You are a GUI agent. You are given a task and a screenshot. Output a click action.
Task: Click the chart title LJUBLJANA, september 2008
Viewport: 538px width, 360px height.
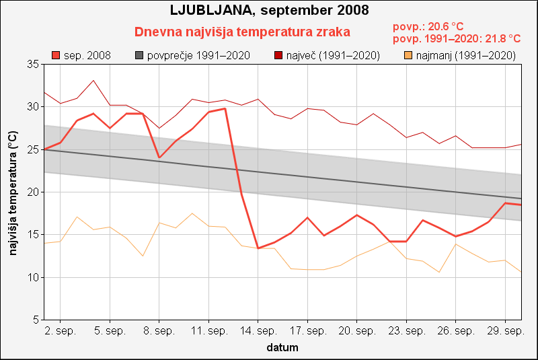[x=269, y=11]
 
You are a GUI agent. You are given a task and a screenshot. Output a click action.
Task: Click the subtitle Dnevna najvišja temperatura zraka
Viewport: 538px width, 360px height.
[x=242, y=32]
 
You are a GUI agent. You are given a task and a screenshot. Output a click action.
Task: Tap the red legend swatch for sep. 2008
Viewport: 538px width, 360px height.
[x=56, y=55]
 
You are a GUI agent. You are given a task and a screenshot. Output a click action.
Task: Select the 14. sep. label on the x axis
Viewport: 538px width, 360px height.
[x=258, y=331]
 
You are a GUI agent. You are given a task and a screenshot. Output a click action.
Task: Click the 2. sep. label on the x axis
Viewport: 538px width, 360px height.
[x=61, y=331]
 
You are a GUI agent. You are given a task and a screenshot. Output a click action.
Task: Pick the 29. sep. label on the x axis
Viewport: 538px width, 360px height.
[x=505, y=331]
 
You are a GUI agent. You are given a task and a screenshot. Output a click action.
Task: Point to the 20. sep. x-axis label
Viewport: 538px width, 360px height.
[x=357, y=331]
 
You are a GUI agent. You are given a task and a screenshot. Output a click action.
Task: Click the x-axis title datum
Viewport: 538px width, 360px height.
[x=282, y=348]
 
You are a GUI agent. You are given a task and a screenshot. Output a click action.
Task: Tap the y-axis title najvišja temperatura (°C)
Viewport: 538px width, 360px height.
[x=13, y=192]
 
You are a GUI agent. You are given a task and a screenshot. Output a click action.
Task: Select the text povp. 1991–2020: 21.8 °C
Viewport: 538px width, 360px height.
[x=457, y=39]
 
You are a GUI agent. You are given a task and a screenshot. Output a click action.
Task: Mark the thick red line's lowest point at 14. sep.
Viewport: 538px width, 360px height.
[x=258, y=248]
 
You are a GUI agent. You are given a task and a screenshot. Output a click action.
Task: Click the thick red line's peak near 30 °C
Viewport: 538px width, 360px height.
[x=225, y=108]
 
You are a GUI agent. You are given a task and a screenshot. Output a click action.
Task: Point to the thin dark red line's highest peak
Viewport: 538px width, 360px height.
[x=93, y=81]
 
